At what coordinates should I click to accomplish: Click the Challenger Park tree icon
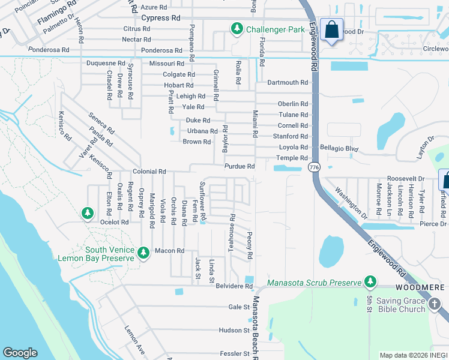pyautogui.click(x=237, y=28)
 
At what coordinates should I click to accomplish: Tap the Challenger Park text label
pyautogui.click(x=273, y=28)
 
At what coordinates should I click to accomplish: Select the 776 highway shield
pyautogui.click(x=314, y=168)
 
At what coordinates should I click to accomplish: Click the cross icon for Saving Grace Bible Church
pyautogui.click(x=435, y=305)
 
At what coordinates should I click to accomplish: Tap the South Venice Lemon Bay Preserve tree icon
pyautogui.click(x=143, y=253)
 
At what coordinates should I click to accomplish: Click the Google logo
pyautogui.click(x=20, y=353)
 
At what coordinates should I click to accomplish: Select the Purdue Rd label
pyautogui.click(x=240, y=166)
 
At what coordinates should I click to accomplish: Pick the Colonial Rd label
pyautogui.click(x=149, y=172)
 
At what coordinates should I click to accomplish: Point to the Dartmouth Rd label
pyautogui.click(x=288, y=83)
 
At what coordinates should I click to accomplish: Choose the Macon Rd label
pyautogui.click(x=169, y=250)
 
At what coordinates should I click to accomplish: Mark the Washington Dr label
pyautogui.click(x=351, y=203)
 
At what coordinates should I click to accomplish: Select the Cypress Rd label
pyautogui.click(x=161, y=18)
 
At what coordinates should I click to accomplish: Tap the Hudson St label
pyautogui.click(x=234, y=331)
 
